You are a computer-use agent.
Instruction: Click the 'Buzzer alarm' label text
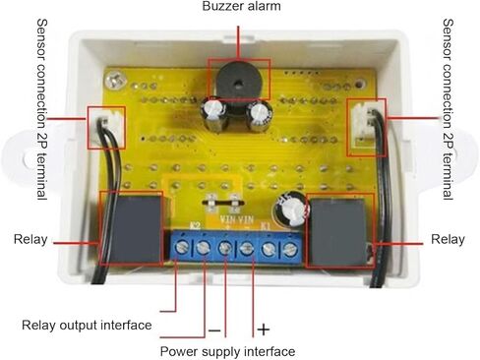click(241, 6)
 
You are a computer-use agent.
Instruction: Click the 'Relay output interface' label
click(87, 326)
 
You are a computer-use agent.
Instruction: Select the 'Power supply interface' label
click(227, 351)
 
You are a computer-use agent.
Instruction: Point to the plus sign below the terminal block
click(264, 330)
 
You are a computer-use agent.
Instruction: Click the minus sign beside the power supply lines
click(214, 330)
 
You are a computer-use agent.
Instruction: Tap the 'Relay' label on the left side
click(30, 239)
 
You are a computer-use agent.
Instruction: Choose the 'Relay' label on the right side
click(448, 239)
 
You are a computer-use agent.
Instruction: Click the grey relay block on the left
click(132, 227)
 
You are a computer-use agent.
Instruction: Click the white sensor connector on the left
click(106, 127)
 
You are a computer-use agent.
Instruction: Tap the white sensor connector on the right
click(367, 126)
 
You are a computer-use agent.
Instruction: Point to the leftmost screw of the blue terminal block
click(181, 248)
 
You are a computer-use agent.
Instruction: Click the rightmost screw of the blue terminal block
click(288, 249)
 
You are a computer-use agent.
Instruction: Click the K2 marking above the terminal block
click(196, 225)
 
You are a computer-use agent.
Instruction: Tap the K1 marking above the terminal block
click(266, 225)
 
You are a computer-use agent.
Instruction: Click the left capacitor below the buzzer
click(214, 114)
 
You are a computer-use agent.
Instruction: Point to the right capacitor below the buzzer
click(261, 116)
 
